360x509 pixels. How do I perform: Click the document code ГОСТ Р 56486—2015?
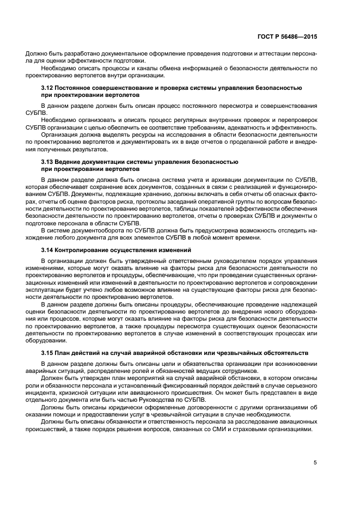[288, 36]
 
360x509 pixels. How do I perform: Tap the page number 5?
[315, 463]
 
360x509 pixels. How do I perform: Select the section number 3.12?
[48, 88]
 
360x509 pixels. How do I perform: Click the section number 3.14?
[48, 250]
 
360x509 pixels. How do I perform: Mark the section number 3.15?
[48, 353]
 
